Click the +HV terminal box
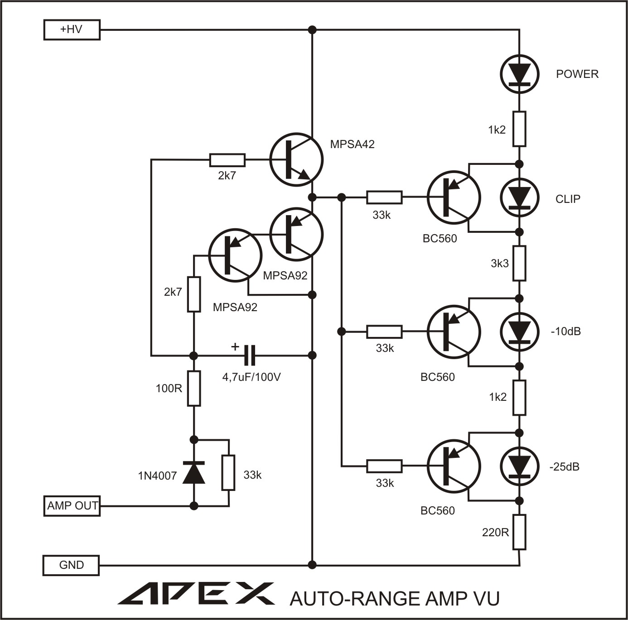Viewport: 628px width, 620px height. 72,30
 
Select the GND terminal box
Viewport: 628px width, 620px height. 71,565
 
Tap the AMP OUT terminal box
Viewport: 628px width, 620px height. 72,505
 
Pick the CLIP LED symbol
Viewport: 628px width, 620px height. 519,198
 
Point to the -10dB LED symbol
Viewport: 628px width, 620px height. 519,332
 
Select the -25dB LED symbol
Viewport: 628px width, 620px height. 519,466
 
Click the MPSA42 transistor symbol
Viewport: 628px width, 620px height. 296,159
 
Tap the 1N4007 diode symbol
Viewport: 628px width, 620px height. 193,472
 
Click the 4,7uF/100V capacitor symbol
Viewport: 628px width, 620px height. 249,355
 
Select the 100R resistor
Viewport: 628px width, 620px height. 194,388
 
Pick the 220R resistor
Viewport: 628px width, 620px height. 519,532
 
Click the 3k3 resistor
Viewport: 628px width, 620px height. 519,263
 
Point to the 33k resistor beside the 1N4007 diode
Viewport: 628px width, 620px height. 228,473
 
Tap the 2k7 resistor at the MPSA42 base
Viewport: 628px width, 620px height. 227,159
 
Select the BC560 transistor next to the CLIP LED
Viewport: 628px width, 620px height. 453,197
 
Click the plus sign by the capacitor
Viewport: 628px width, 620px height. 235,347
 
